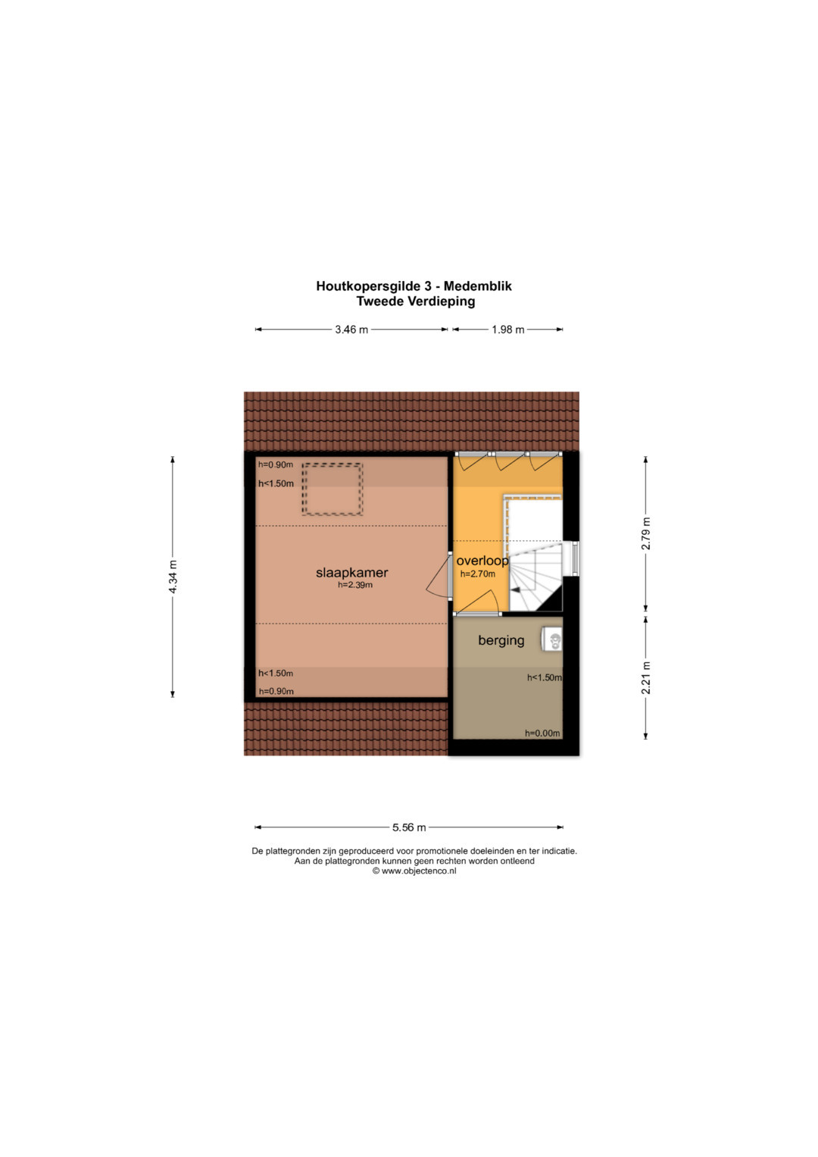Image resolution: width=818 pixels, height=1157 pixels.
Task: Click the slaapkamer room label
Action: tap(351, 572)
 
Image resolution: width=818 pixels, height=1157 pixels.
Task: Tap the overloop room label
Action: tap(482, 561)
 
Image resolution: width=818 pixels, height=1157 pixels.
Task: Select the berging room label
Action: tap(501, 640)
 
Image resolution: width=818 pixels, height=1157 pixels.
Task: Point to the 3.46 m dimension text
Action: tap(351, 330)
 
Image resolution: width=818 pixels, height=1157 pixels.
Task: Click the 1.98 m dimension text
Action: tap(507, 330)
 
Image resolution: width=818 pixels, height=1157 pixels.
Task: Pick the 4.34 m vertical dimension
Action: tap(173, 577)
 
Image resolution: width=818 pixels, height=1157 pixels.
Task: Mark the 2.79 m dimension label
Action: tap(645, 533)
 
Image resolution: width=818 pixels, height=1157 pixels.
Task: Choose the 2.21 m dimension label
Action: tap(645, 677)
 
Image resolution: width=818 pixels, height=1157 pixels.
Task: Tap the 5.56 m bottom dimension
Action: tap(409, 827)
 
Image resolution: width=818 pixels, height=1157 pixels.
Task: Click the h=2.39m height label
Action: tap(355, 585)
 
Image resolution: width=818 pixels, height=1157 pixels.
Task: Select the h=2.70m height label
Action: tap(478, 574)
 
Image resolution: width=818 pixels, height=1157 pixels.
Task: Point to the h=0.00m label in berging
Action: tap(542, 733)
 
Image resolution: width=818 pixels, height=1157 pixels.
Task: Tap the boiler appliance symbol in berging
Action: tap(552, 640)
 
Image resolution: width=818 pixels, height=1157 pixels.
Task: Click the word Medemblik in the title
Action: tap(478, 286)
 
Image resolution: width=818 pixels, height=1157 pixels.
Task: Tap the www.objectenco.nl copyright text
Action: tap(414, 871)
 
